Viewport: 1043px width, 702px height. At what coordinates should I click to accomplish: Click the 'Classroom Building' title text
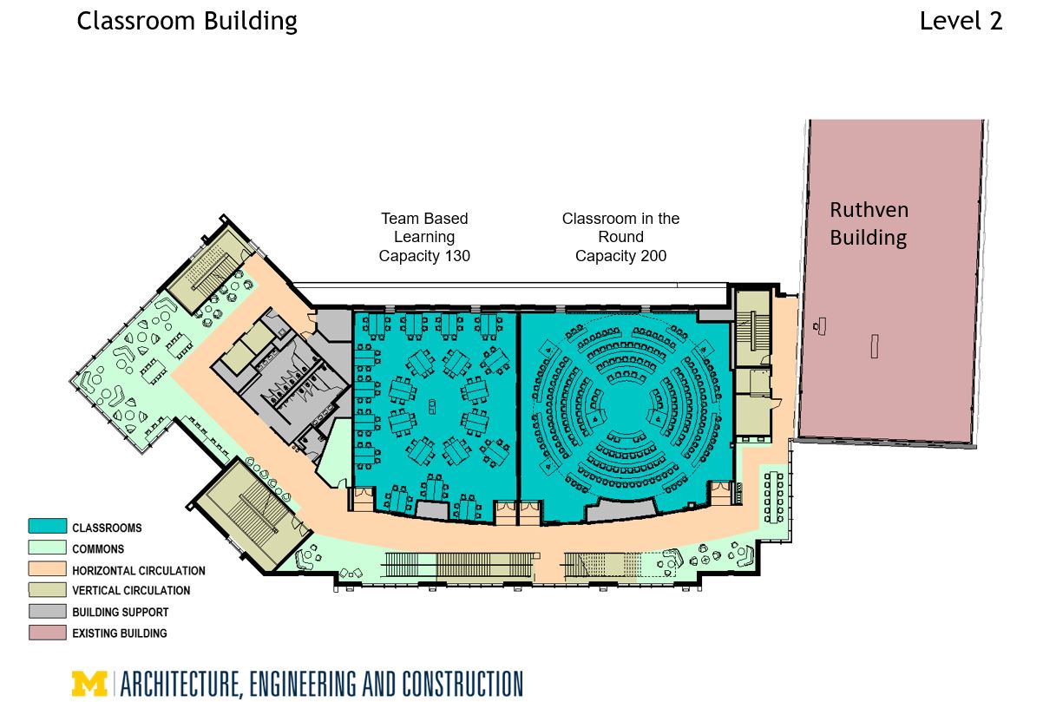[x=187, y=21]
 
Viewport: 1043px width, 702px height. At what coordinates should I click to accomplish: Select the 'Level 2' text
[x=961, y=21]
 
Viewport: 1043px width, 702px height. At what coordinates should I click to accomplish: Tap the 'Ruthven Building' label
[x=868, y=223]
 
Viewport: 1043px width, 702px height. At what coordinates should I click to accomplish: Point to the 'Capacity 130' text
[x=424, y=256]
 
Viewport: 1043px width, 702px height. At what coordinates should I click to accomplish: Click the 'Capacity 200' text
[x=620, y=256]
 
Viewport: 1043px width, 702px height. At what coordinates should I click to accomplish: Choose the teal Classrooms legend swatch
[x=47, y=526]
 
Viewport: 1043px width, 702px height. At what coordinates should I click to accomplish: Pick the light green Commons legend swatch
[x=47, y=548]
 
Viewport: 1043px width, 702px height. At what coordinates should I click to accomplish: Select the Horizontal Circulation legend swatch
[x=47, y=569]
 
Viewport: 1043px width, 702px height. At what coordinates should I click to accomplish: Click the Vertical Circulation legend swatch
[x=47, y=590]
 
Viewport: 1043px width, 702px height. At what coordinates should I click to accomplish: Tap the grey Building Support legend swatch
[x=47, y=612]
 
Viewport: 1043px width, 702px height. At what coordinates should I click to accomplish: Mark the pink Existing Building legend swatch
[x=47, y=633]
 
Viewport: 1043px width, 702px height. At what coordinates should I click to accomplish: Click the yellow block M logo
[x=89, y=684]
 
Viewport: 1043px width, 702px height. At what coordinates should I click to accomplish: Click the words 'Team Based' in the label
[x=424, y=219]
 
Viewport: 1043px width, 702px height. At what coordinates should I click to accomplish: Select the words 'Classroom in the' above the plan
[x=620, y=219]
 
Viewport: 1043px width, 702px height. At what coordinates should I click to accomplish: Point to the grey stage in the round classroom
[x=621, y=510]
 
